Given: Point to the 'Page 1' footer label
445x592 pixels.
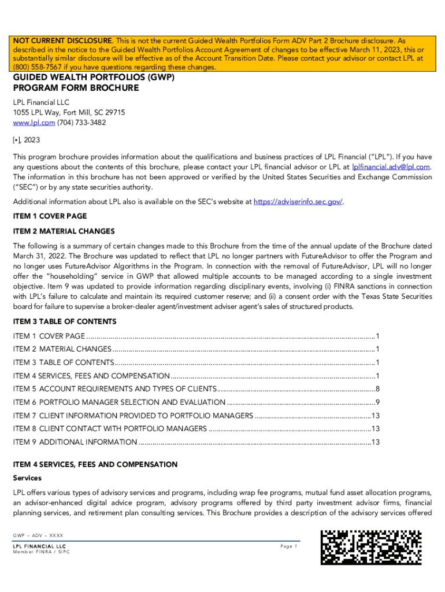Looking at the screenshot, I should click(x=288, y=546).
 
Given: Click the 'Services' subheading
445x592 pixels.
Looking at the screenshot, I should click(x=27, y=479).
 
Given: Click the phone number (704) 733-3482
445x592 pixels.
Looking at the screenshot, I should click(x=81, y=123).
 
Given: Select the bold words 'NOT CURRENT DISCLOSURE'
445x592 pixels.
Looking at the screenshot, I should click(x=62, y=41).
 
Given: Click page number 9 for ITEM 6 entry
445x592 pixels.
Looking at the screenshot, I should click(x=377, y=402).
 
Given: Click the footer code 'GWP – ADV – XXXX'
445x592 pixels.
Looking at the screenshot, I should click(x=38, y=535).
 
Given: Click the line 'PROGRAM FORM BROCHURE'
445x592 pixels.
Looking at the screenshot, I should click(x=76, y=88).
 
